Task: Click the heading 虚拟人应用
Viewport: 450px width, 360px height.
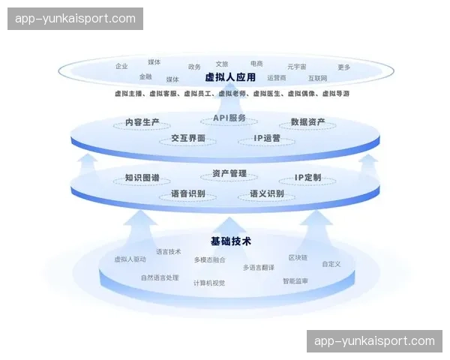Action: pyautogui.click(x=230, y=77)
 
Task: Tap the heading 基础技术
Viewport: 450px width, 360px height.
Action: pyautogui.click(x=230, y=241)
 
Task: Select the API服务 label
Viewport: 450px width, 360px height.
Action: pyautogui.click(x=229, y=118)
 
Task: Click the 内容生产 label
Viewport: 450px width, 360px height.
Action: pyautogui.click(x=142, y=122)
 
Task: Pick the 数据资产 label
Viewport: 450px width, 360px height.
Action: pyautogui.click(x=307, y=122)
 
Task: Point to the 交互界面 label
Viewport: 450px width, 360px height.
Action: pyautogui.click(x=187, y=139)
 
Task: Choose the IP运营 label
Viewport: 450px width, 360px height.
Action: pyautogui.click(x=267, y=139)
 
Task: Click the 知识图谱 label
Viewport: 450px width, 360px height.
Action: pyautogui.click(x=142, y=178)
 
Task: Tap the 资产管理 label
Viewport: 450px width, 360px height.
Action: pyautogui.click(x=229, y=173)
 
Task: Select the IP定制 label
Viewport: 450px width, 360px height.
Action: pyautogui.click(x=307, y=178)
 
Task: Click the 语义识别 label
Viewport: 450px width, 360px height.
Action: pyautogui.click(x=266, y=194)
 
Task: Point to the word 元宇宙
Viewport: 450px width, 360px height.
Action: pyautogui.click(x=297, y=67)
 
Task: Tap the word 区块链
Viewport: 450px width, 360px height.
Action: pyautogui.click(x=298, y=257)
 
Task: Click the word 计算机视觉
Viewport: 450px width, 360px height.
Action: pyautogui.click(x=208, y=283)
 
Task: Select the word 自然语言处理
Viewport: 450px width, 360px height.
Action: pyautogui.click(x=160, y=277)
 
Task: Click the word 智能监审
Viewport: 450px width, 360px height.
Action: pyautogui.click(x=295, y=281)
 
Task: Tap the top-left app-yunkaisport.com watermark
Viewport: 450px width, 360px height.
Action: pyautogui.click(x=75, y=19)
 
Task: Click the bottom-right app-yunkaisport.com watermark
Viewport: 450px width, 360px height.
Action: pyautogui.click(x=374, y=341)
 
